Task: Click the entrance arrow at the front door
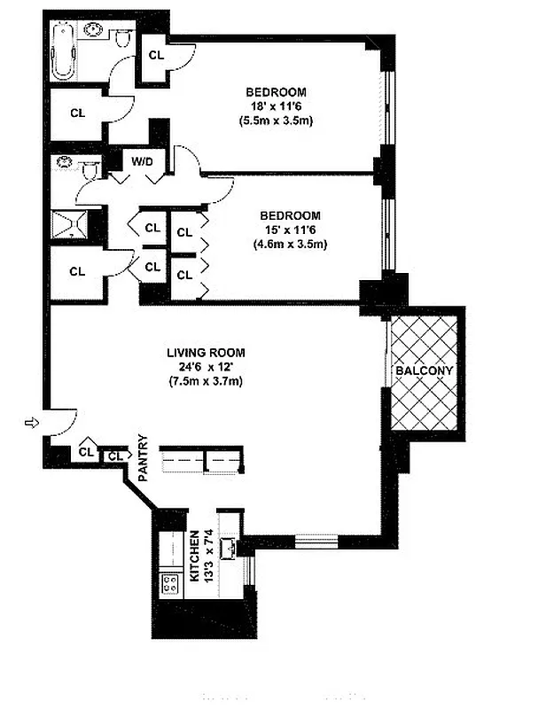[x=32, y=425]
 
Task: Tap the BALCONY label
[x=424, y=370]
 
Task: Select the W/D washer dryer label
[x=142, y=161]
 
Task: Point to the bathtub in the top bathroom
[x=63, y=51]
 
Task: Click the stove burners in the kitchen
[x=169, y=582]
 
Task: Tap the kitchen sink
[x=228, y=547]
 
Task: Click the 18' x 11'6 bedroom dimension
[x=276, y=106]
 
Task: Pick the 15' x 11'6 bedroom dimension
[x=289, y=230]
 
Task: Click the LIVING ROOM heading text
[x=206, y=353]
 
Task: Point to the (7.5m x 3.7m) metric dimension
[x=206, y=381]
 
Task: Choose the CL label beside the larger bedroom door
[x=156, y=55]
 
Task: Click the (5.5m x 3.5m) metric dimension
[x=276, y=121]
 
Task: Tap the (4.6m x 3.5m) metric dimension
[x=289, y=244]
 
